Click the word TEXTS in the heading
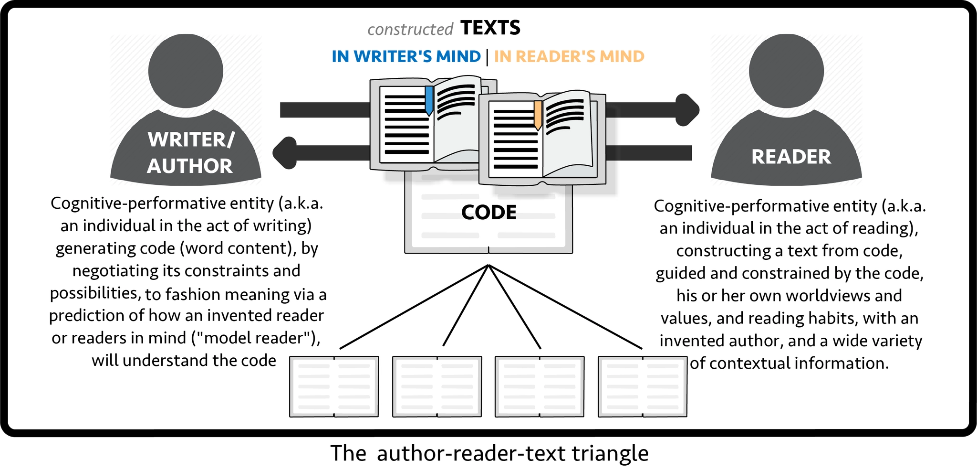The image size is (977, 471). tap(490, 28)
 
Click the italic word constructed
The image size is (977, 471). tap(410, 30)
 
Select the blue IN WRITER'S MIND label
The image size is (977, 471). tap(406, 56)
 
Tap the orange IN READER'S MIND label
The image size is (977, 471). tap(569, 56)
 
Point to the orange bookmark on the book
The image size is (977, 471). tap(538, 115)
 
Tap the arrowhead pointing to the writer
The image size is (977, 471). tap(285, 153)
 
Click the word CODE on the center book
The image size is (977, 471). tap(488, 213)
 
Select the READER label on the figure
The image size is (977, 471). tap(791, 157)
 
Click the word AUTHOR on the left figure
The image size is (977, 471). tap(190, 166)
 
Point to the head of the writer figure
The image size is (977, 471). tap(186, 71)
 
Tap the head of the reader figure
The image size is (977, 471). tap(786, 71)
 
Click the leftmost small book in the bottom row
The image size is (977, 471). tap(334, 386)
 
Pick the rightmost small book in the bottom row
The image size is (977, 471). tap(643, 386)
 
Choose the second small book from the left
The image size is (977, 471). tap(437, 386)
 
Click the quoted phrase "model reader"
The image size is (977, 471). tap(255, 338)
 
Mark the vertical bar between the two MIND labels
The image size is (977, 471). tap(487, 57)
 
